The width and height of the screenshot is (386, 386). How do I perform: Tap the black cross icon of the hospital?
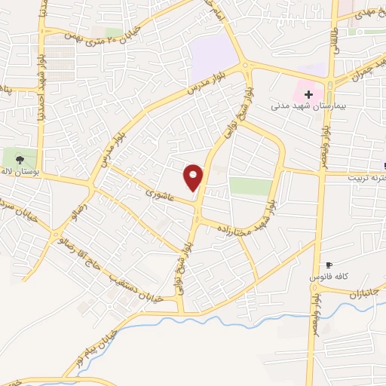(308, 94)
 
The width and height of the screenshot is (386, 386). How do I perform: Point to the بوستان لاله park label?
(20, 173)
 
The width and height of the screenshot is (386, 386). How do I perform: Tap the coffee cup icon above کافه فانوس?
(329, 265)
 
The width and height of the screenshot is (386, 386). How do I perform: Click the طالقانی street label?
(333, 34)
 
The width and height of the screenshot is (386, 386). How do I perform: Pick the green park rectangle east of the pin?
(250, 186)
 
